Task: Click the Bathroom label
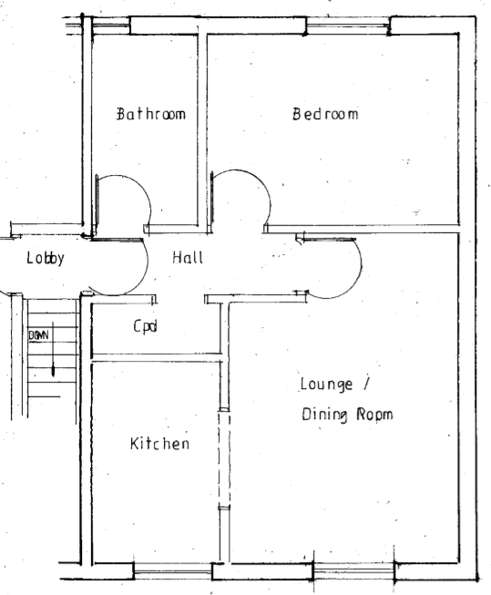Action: coord(151,114)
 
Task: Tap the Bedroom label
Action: coord(325,114)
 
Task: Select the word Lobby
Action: coord(46,259)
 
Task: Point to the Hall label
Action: coord(188,257)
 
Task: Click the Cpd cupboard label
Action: coord(146,326)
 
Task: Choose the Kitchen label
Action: coord(159,443)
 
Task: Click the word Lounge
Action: coord(326,385)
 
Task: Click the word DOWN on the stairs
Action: coord(38,335)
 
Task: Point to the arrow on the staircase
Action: coord(53,350)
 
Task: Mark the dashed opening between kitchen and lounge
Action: coord(224,458)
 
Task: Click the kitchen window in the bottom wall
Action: coord(173,570)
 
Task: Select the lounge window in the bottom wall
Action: coord(353,570)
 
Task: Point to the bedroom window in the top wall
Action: coord(348,26)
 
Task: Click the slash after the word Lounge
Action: coord(366,384)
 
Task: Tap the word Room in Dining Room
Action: coord(374,414)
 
